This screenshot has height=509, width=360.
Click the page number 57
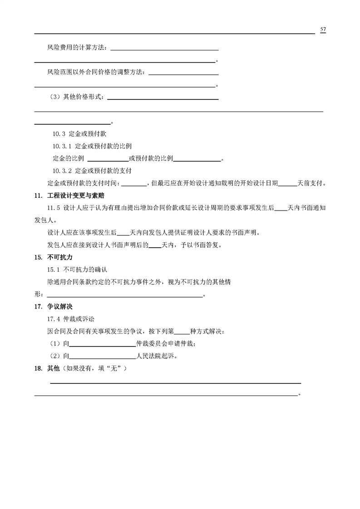pos(323,29)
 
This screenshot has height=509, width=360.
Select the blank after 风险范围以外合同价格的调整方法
pos(183,72)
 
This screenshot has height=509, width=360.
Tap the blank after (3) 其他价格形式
pos(163,97)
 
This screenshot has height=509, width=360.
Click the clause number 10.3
pos(59,134)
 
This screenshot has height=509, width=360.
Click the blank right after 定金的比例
pos(108,159)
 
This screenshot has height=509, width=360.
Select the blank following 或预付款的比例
pos(197,159)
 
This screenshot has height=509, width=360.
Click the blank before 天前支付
pos(287,183)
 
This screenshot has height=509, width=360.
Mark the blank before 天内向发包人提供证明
pos(123,233)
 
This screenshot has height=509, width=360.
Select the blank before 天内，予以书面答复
pos(155,245)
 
